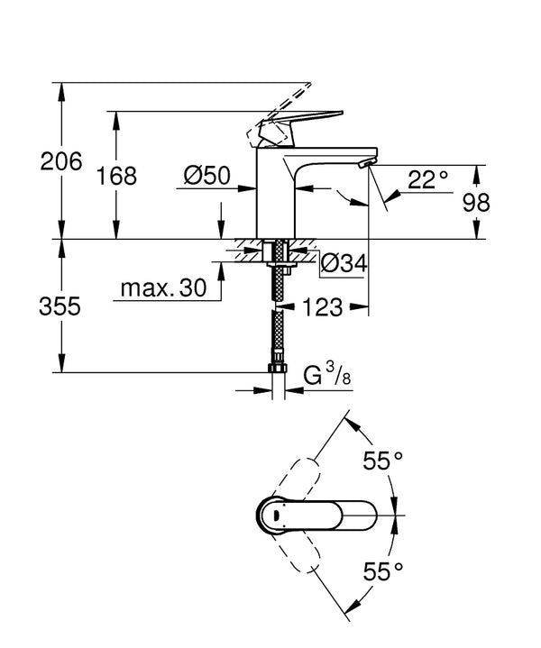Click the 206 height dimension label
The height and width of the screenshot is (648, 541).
(x=61, y=163)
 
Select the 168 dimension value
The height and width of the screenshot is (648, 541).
(x=117, y=176)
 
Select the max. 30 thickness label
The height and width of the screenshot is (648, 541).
(x=161, y=289)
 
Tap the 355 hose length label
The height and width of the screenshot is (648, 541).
(x=61, y=306)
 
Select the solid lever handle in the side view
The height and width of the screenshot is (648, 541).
(x=298, y=121)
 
